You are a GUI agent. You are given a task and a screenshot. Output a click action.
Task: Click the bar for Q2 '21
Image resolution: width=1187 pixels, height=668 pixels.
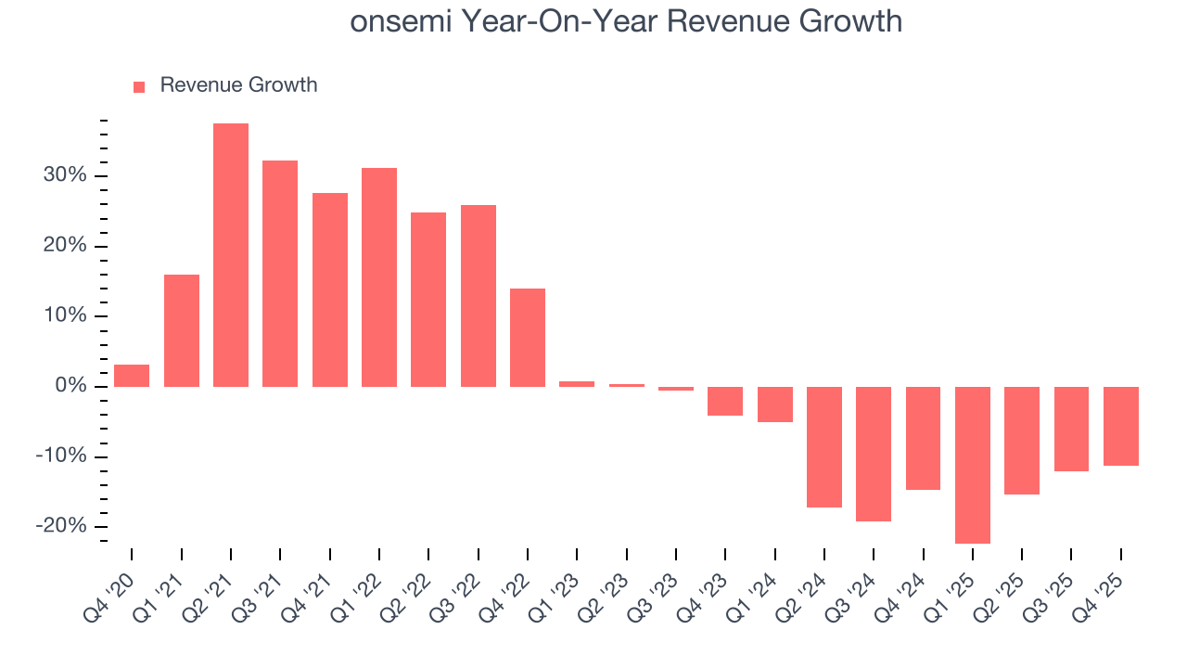coord(231,255)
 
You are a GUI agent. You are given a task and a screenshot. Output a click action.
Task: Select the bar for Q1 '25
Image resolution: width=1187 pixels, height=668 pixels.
coord(973,465)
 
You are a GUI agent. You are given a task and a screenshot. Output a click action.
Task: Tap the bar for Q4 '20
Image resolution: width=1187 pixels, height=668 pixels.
coord(132,376)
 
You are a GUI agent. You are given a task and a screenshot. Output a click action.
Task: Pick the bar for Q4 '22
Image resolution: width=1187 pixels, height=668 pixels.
coord(528,338)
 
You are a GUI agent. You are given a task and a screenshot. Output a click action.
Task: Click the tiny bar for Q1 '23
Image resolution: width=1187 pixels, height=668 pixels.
coord(577,383)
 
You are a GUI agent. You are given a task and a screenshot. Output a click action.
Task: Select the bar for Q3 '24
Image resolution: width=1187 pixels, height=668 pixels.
coord(874,454)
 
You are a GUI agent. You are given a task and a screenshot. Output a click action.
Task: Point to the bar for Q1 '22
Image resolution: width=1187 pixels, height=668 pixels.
coord(379,277)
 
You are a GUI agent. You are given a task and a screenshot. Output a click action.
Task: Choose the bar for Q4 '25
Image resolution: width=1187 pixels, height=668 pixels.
coord(1121,426)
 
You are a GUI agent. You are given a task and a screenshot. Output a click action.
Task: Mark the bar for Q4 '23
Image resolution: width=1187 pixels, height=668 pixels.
coord(725,401)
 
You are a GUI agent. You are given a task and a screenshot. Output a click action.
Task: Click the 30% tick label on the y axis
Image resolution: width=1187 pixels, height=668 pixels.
coord(64,176)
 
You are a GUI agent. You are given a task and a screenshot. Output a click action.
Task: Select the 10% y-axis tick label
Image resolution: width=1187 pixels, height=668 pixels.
coord(64,316)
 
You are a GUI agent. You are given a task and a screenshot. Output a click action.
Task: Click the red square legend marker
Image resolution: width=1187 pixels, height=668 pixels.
coord(139,86)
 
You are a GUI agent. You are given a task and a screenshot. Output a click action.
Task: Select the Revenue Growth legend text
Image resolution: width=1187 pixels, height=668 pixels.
coord(238,85)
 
